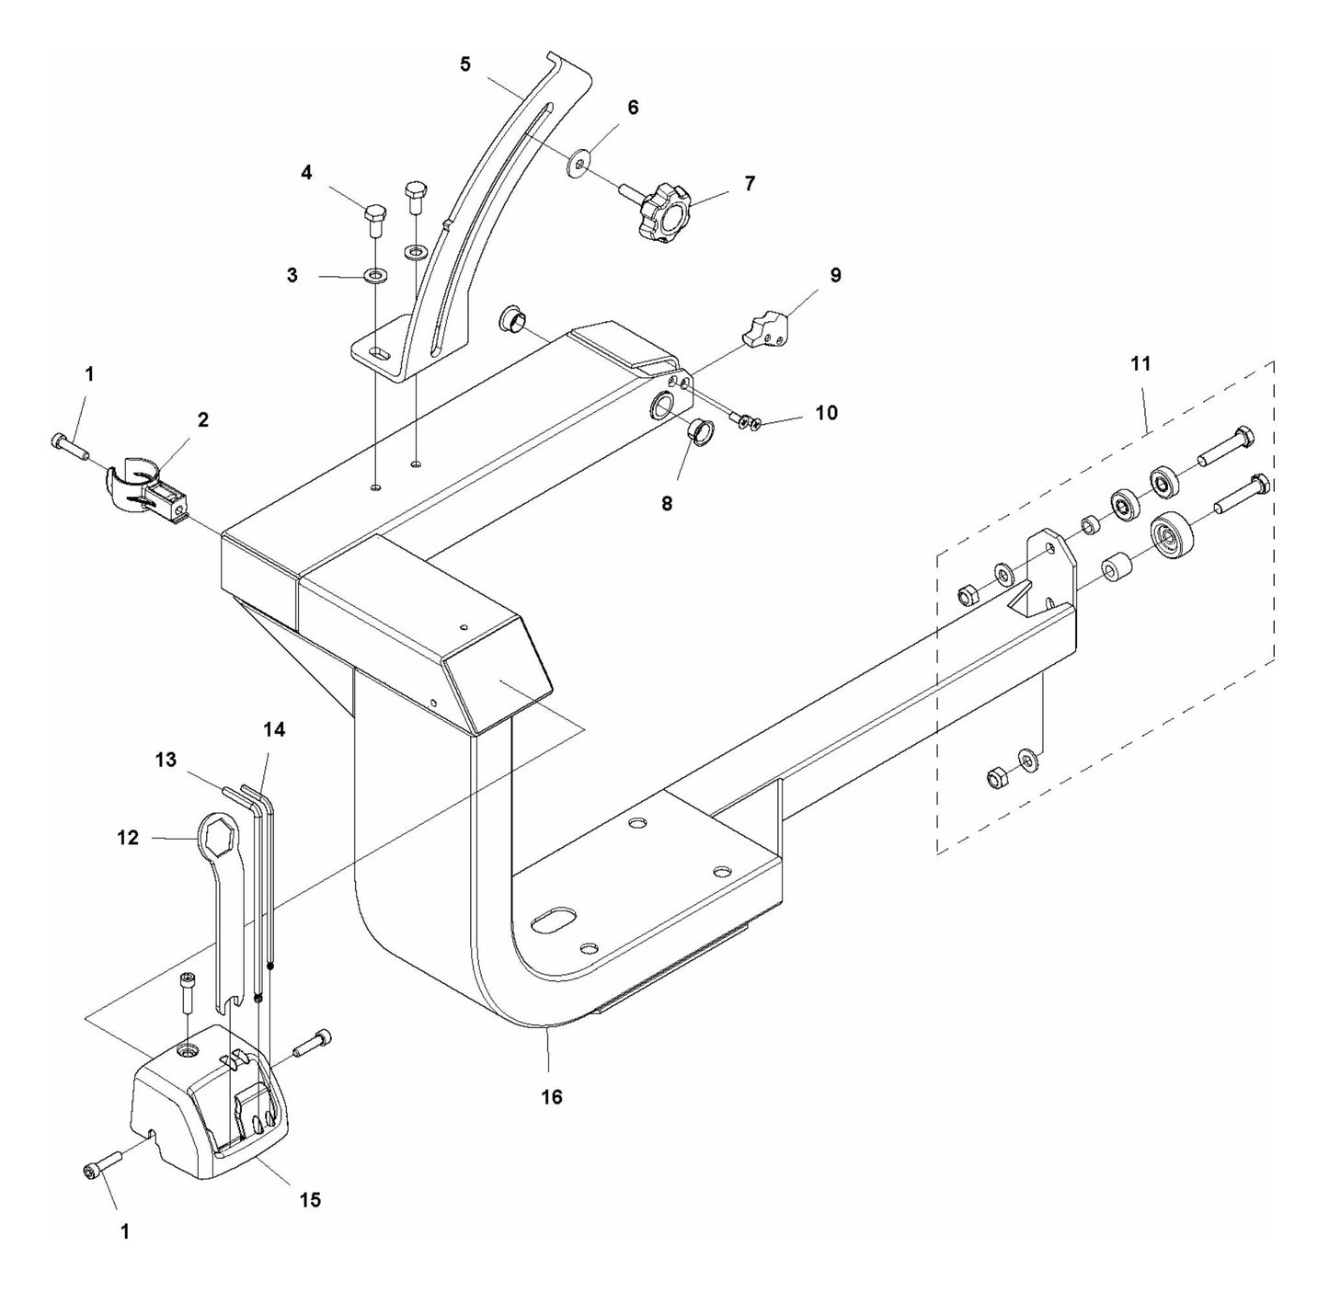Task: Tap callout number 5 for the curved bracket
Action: coord(465,63)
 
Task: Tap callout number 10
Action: coord(827,413)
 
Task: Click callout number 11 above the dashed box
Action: coord(1140,364)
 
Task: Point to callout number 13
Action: coord(166,760)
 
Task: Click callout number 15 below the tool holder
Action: coord(311,1199)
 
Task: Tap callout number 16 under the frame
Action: coord(551,1097)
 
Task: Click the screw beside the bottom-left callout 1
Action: coord(104,1162)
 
